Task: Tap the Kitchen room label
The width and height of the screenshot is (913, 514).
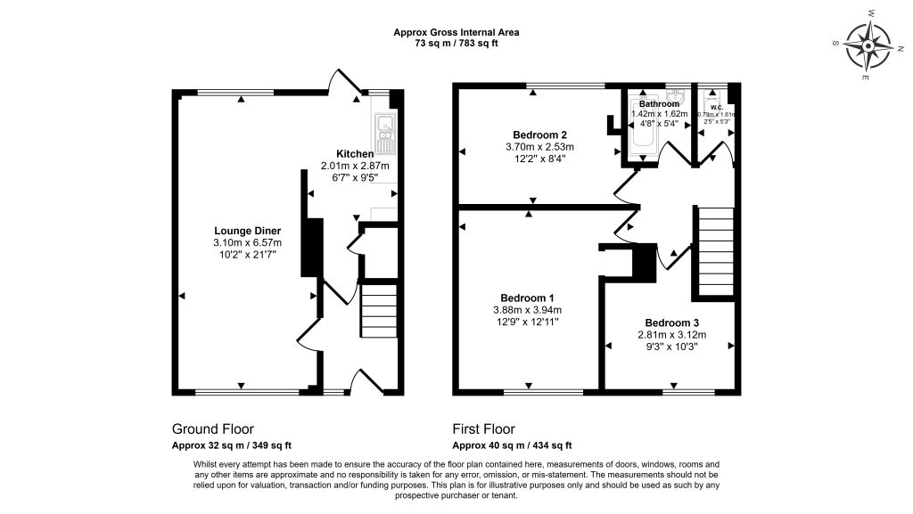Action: [x=355, y=154]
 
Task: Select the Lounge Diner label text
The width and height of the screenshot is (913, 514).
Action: [x=247, y=231]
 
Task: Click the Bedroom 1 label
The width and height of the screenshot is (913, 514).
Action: [x=527, y=298]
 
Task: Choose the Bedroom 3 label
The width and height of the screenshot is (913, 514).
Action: [x=671, y=322]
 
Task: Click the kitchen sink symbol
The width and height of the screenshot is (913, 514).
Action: [x=385, y=135]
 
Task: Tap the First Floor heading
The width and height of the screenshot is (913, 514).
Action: [x=483, y=429]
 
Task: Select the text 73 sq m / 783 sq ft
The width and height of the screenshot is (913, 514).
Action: [x=456, y=44]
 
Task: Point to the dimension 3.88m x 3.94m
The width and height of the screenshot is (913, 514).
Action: [x=527, y=310]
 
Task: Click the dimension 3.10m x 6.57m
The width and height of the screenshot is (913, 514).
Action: [x=247, y=243]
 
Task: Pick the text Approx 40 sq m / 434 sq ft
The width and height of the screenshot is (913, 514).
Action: [x=512, y=445]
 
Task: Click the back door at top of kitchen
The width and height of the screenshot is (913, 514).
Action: [x=344, y=82]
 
